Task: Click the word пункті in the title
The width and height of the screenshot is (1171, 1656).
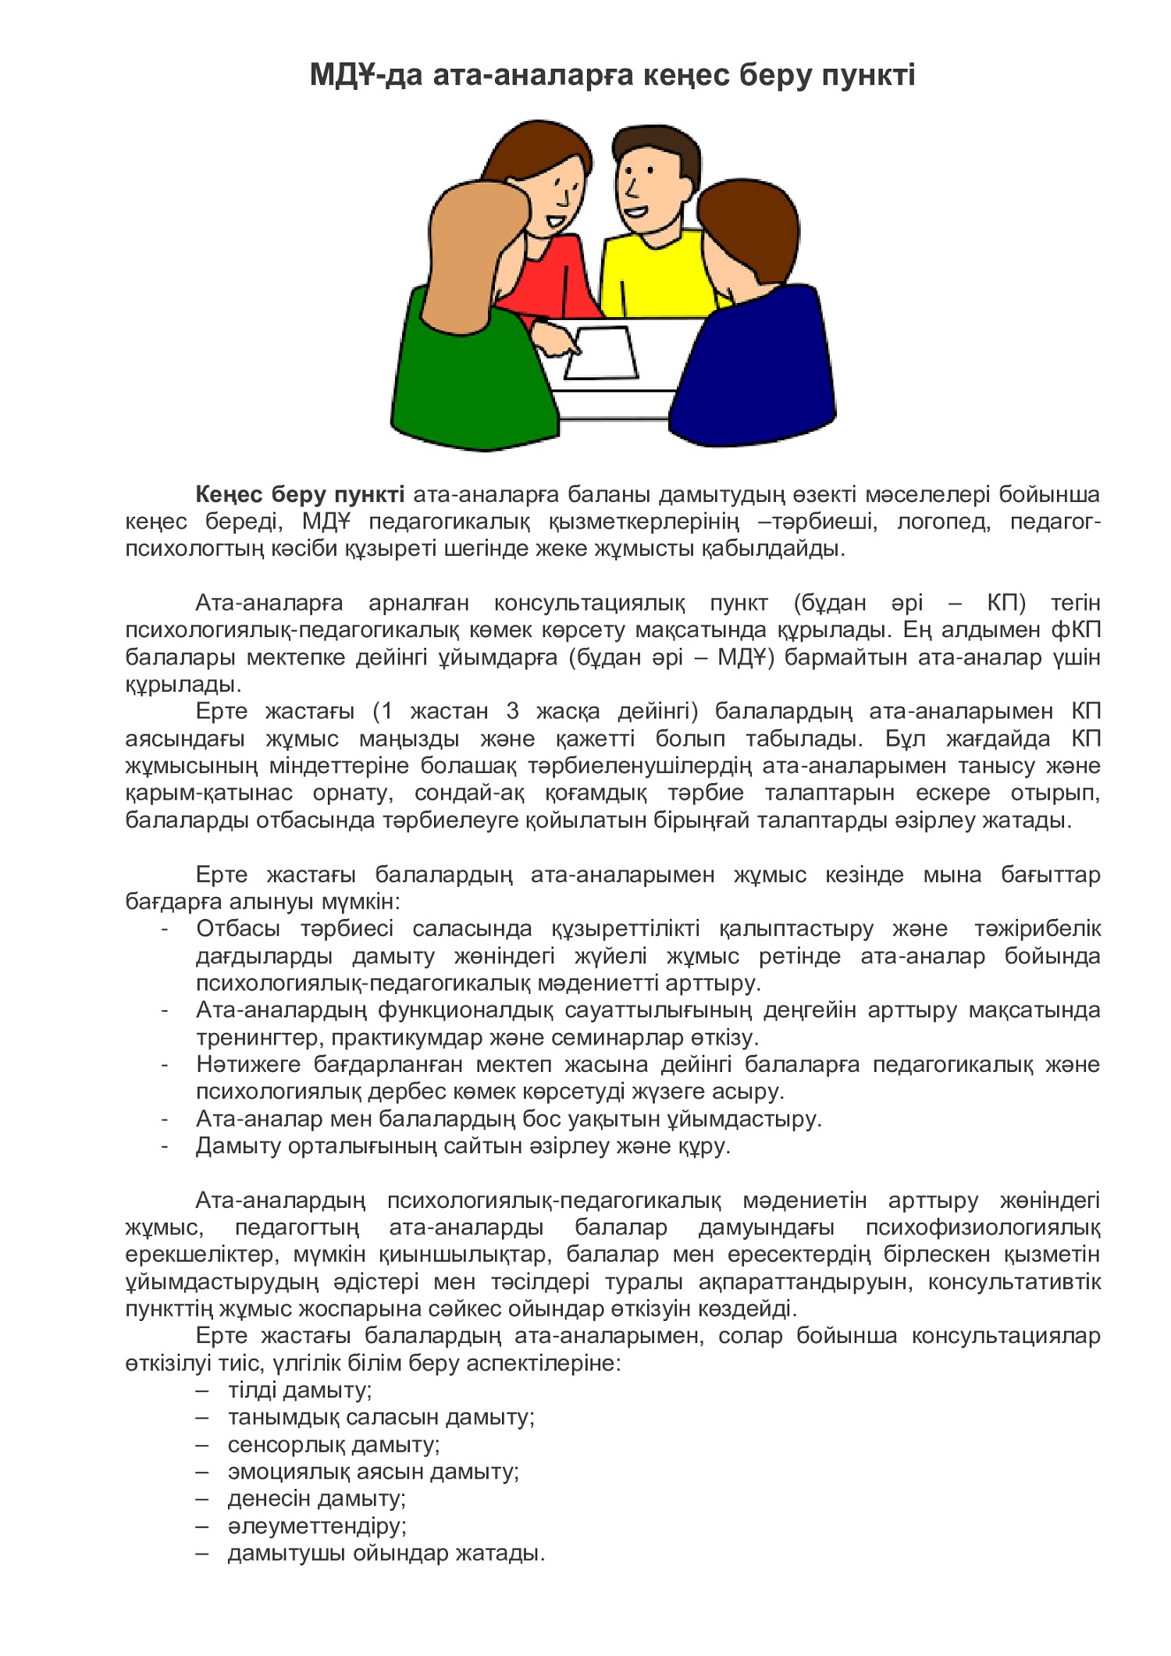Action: click(867, 76)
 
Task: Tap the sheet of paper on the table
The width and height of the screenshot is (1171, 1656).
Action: click(602, 353)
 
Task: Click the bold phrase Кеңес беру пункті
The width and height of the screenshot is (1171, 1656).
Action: click(300, 494)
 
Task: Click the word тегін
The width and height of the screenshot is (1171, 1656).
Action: click(1075, 603)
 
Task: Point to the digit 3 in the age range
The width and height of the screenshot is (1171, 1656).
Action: click(512, 711)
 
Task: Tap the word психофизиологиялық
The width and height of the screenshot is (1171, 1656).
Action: click(983, 1227)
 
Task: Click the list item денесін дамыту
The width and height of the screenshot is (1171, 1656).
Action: click(316, 1498)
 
